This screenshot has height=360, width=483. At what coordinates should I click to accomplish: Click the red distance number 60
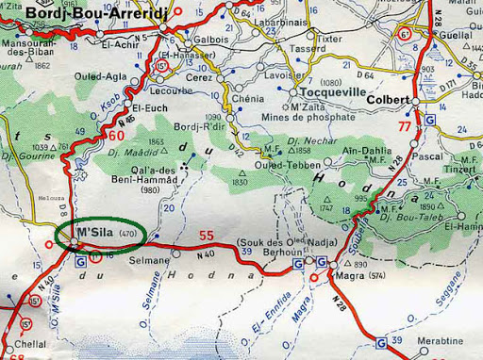click(116, 136)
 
